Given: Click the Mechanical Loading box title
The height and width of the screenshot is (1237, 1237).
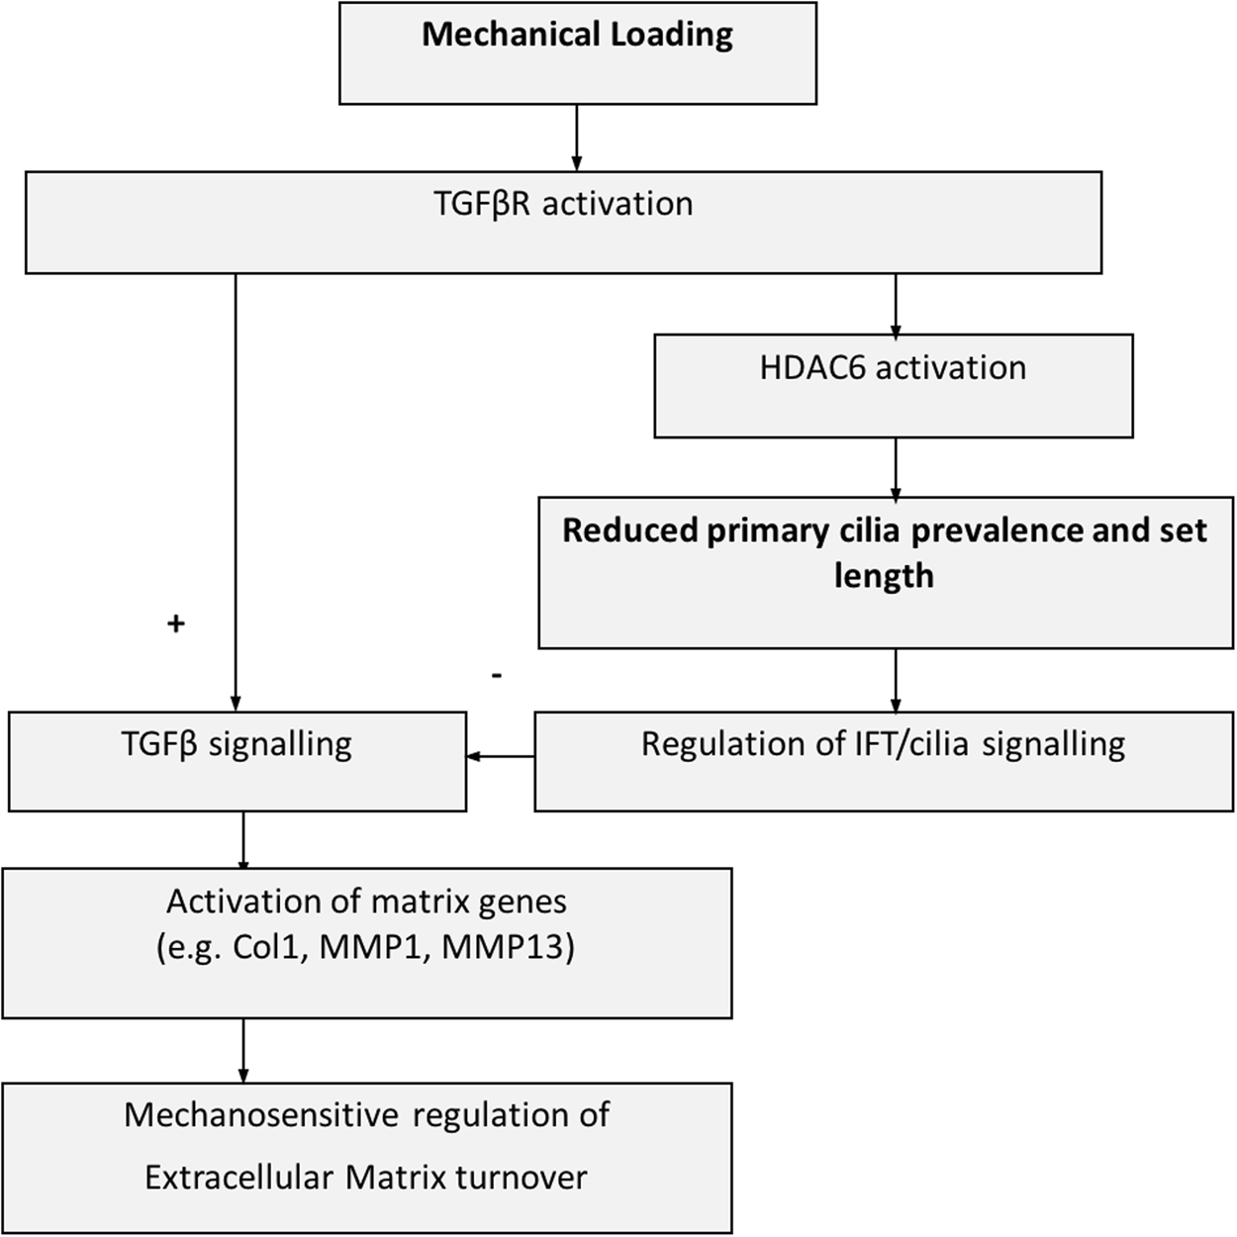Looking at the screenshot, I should coord(577,35).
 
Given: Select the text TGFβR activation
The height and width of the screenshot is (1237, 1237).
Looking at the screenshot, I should coord(563,204).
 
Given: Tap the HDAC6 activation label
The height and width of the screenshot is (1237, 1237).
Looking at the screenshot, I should coord(893,368).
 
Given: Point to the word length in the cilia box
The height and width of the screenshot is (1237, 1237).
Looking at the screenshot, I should coord(883,575).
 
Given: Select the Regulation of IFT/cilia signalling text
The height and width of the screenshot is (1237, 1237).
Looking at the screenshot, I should coord(883,744).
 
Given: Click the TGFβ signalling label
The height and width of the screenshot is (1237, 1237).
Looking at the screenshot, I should coord(237,744).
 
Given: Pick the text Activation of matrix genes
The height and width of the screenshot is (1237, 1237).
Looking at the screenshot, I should coord(366,902).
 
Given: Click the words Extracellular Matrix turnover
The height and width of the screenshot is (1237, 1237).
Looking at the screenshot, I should coord(366,1178).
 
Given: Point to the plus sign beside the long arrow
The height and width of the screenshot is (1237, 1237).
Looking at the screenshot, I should coord(176,623).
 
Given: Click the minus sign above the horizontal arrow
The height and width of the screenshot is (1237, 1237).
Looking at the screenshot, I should coord(497,676).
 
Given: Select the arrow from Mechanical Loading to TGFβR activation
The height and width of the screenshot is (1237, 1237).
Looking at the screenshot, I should coord(576,138).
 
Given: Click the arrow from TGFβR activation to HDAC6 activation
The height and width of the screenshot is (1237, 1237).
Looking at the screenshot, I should coord(896,305).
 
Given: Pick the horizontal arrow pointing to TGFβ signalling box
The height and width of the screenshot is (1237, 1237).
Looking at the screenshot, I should coord(501,757).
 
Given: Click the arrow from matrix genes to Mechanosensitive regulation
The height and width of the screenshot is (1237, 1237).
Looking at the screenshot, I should coord(243,1050).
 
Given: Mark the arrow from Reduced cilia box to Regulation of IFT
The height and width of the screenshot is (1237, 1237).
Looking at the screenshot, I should coord(896,680).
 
